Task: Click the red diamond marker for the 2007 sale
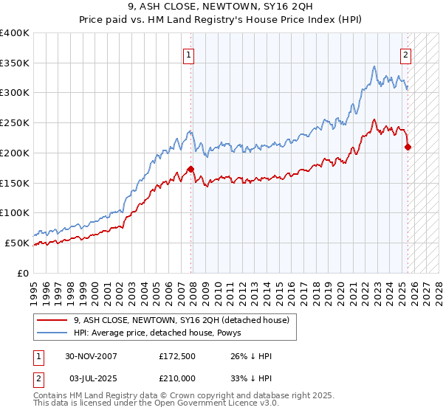[x=190, y=169]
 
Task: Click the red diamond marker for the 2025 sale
[x=408, y=147]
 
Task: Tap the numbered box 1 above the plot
[x=189, y=54]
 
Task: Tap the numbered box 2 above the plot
[x=405, y=54]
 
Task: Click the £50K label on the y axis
[x=18, y=243]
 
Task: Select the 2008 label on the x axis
[x=193, y=289]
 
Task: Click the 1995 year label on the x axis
[x=34, y=289]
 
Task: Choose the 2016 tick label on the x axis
[x=292, y=289]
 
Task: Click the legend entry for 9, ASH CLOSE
[x=185, y=319]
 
